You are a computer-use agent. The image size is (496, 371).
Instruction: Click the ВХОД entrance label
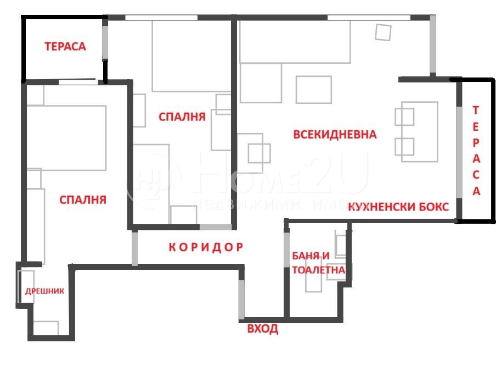(x=263, y=329)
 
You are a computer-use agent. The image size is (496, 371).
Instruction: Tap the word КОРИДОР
(x=205, y=247)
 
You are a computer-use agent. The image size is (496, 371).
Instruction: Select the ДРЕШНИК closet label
(x=44, y=291)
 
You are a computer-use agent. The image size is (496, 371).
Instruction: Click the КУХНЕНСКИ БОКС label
(x=399, y=207)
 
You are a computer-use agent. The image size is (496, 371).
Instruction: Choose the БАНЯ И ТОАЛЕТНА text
(x=318, y=263)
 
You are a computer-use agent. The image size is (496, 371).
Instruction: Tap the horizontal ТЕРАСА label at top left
(x=65, y=47)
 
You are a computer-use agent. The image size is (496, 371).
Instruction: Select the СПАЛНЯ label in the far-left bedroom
(x=82, y=200)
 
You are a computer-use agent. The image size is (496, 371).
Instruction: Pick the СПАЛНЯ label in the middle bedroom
(x=182, y=117)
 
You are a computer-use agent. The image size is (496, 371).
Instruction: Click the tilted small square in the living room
(x=383, y=32)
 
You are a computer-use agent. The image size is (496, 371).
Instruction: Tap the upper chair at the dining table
(x=404, y=117)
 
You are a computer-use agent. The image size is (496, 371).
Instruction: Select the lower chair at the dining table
(x=404, y=146)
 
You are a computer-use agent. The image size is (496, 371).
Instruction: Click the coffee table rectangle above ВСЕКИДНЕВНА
(x=313, y=89)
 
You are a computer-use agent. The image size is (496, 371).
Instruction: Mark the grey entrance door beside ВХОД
(x=241, y=299)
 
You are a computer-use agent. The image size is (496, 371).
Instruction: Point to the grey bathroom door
(x=286, y=250)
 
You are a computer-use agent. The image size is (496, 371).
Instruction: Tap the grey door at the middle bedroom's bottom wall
(x=216, y=227)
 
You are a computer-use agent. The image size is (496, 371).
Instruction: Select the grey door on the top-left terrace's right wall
(x=105, y=41)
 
